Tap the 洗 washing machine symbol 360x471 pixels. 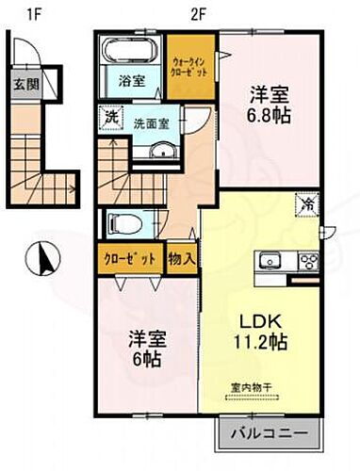111,120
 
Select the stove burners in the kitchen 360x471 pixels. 306,262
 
